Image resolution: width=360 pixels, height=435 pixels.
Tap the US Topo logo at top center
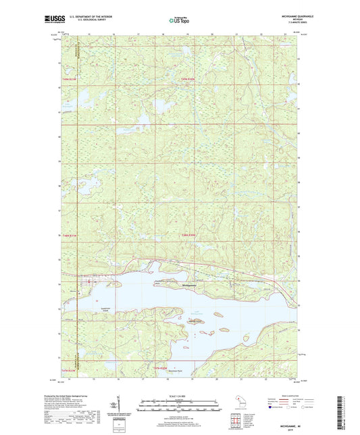click(x=180, y=20)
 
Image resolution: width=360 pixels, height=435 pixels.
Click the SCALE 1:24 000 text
click(x=180, y=396)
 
